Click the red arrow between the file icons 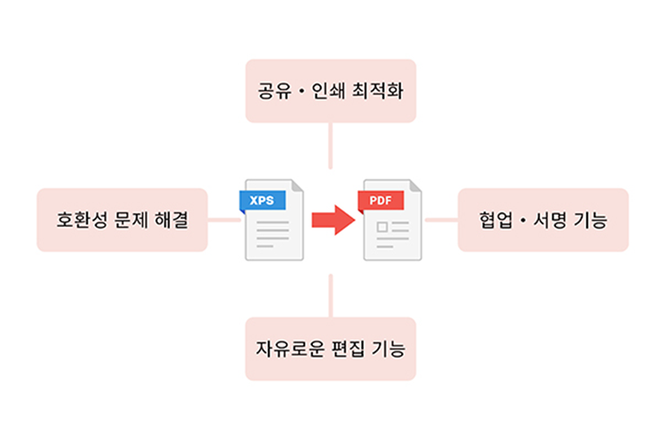coord(330,220)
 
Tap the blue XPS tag coord(262,201)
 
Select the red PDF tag coord(380,201)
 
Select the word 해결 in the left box coord(170,220)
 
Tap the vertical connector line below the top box coord(330,145)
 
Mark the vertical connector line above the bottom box coord(330,295)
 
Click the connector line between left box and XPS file coord(224,220)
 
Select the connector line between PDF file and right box coord(441,220)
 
